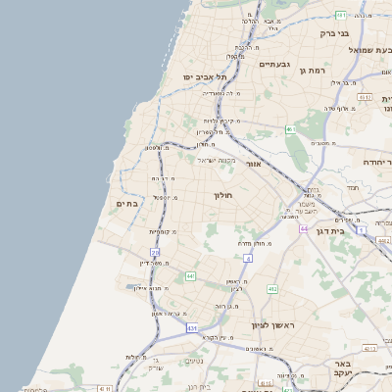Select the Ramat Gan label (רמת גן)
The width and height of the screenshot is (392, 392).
(x=312, y=71)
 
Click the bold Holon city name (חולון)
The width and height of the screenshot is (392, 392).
(x=225, y=195)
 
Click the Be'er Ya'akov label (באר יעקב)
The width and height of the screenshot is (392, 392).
(x=365, y=368)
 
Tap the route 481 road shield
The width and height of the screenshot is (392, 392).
(x=339, y=16)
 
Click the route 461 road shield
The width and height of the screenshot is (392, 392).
(x=290, y=128)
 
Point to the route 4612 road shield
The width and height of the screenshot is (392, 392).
(x=365, y=98)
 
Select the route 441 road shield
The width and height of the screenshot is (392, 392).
(x=189, y=277)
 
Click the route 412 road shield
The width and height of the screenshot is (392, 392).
(x=272, y=289)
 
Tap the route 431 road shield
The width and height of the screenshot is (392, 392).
(x=190, y=327)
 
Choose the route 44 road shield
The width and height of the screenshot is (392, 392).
(x=305, y=227)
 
